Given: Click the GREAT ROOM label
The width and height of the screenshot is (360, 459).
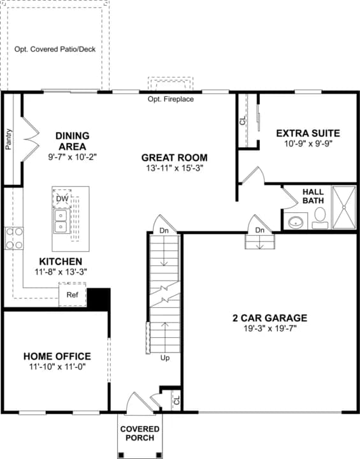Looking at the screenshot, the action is coord(175,157).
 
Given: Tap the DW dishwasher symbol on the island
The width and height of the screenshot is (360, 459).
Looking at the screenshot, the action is coord(62,198).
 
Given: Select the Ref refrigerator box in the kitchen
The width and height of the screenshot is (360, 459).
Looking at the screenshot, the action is coord(72,294).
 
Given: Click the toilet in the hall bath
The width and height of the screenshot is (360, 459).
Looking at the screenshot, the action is coord(320,218).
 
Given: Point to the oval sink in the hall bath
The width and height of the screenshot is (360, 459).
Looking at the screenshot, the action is coord(296,222).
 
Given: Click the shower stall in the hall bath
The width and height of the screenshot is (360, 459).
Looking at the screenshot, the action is coord(344,207).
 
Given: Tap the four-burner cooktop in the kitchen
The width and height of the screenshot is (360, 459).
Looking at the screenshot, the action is coord(15,238).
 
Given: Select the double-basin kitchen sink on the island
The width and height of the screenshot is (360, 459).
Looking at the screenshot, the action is coord(61,221).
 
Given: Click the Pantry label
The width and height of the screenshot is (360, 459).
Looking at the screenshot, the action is coord(9,140).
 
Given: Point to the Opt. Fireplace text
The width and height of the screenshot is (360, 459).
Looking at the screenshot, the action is coord(171,99).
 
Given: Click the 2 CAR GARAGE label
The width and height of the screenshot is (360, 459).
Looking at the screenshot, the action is coord(270,317).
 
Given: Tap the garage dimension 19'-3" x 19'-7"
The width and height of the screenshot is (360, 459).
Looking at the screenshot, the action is coord(270,328).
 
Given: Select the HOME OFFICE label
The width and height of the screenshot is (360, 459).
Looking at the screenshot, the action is coord(57,356).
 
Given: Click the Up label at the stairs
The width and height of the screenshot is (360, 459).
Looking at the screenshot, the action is coord(165,358).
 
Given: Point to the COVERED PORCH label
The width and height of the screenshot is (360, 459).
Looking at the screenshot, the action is coord(140,433).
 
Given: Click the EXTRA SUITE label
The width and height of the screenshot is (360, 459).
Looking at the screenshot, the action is coord(308,133).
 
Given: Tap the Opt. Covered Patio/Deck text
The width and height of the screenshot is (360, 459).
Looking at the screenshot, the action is coord(55,49).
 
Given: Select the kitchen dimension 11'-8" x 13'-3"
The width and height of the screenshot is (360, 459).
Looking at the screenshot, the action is coord(61,272).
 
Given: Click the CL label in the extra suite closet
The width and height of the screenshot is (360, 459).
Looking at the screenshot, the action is coord(243,120).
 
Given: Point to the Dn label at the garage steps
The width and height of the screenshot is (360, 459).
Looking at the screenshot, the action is coord(259,230).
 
